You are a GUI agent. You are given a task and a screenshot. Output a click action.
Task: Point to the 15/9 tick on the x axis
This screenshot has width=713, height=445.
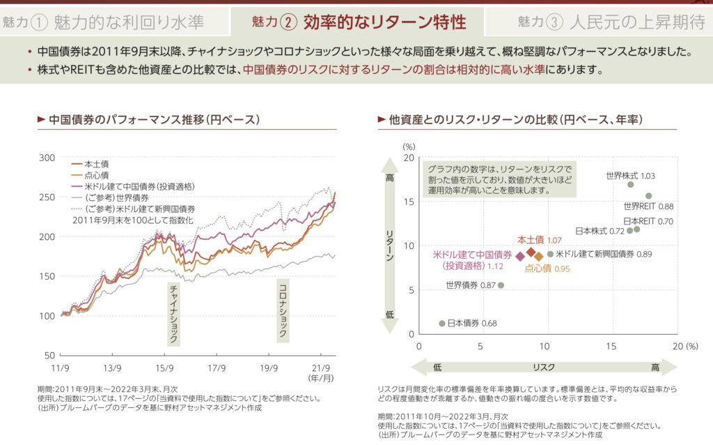point(164,367)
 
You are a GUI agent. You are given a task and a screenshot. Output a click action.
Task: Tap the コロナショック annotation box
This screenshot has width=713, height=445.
point(283,310)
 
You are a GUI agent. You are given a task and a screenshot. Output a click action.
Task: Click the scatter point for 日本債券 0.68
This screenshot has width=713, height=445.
point(442,323)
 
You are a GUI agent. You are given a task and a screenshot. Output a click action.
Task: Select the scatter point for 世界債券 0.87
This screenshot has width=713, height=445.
point(501,285)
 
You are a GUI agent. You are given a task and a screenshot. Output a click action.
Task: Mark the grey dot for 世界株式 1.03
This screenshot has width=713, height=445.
point(631,184)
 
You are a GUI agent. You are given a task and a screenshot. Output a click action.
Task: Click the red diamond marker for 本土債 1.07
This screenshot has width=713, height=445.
point(531,252)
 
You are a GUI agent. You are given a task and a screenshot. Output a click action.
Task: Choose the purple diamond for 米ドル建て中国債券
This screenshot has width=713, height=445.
point(519,257)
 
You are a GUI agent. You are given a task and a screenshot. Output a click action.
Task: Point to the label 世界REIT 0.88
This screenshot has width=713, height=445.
point(648,206)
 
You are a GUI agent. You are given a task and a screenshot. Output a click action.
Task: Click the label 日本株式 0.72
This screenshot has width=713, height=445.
point(600,230)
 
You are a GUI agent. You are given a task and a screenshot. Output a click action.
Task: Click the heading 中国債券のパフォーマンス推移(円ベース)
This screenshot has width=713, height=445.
point(154,119)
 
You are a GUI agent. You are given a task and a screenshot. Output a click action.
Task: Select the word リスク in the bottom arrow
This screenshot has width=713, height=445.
point(544,367)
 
